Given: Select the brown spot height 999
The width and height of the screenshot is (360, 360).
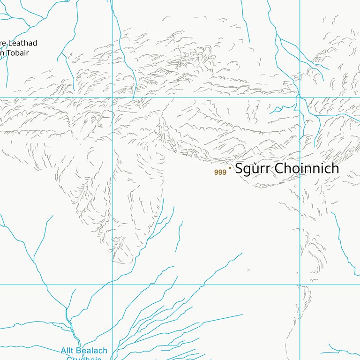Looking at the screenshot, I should click(x=220, y=172).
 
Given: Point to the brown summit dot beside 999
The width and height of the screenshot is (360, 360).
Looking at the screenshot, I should click(x=230, y=167).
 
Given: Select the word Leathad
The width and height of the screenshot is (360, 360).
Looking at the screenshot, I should click(x=21, y=43).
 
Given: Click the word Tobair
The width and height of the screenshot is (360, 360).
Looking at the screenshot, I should click(x=17, y=53).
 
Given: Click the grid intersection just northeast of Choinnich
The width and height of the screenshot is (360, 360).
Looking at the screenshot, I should click(x=300, y=97).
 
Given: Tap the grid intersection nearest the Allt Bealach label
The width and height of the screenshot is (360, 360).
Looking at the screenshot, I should click(x=112, y=285).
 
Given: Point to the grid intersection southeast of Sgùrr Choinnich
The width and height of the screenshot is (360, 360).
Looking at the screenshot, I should click(x=300, y=285).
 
